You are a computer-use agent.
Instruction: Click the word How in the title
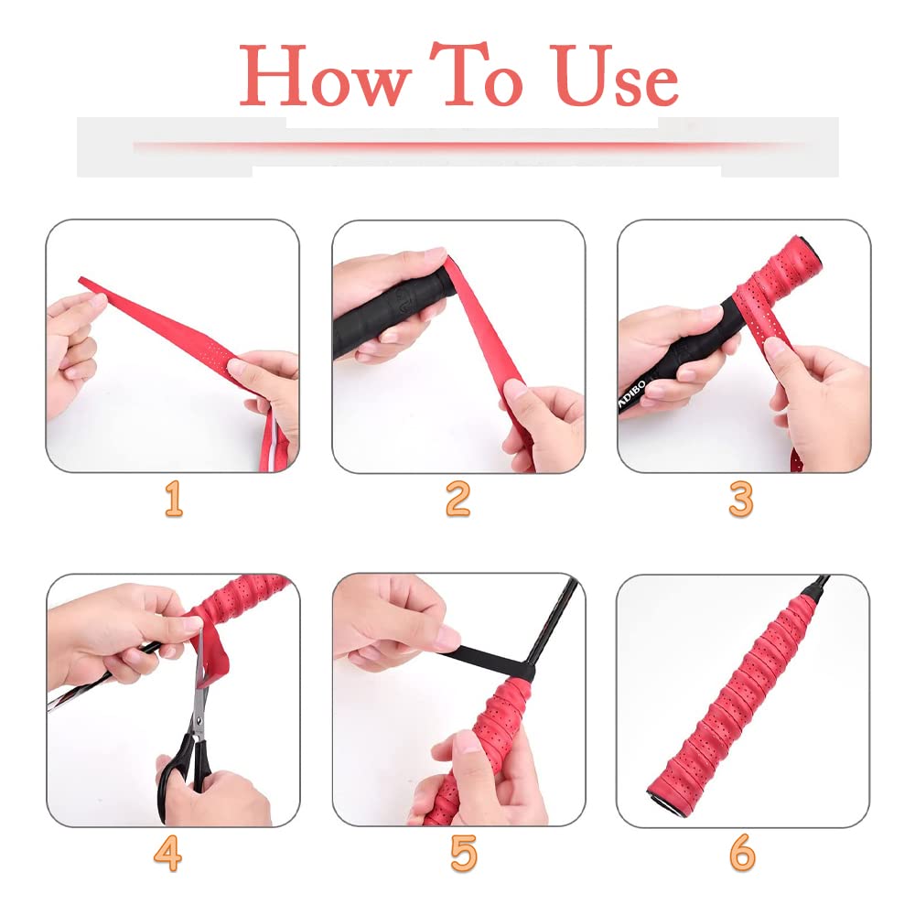click(x=325, y=77)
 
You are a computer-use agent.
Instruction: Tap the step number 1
click(x=173, y=500)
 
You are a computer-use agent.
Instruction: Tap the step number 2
click(x=457, y=500)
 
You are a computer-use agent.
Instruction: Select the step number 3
click(x=741, y=500)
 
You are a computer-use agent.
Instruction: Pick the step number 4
click(x=167, y=853)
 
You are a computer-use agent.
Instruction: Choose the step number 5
click(x=464, y=853)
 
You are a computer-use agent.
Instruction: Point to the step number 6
click(x=742, y=853)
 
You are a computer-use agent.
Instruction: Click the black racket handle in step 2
click(x=384, y=311)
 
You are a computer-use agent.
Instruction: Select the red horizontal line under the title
click(x=457, y=145)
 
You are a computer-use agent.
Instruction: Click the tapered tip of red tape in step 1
click(x=87, y=283)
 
